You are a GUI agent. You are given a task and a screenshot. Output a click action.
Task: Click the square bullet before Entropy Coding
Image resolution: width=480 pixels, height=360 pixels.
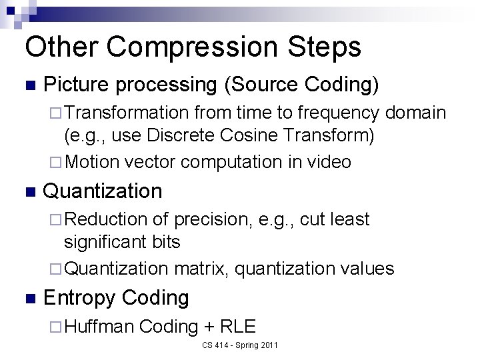pyautogui.click(x=28, y=298)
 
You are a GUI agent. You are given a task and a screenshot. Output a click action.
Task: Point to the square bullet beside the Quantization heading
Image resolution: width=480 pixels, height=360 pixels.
pyautogui.click(x=28, y=191)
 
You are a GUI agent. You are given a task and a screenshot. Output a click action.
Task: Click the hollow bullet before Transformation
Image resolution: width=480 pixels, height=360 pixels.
pyautogui.click(x=57, y=114)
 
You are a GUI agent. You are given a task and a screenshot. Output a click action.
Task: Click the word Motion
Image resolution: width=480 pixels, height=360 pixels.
pyautogui.click(x=92, y=162)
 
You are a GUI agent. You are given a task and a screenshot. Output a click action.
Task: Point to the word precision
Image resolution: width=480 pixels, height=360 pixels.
pyautogui.click(x=211, y=219)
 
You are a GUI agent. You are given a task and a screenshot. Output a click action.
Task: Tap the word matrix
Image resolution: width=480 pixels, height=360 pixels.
pyautogui.click(x=200, y=269)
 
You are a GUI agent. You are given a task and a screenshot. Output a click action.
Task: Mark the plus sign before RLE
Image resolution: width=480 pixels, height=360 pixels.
pyautogui.click(x=208, y=327)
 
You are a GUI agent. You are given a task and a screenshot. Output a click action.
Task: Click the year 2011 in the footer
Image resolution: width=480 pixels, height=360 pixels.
pyautogui.click(x=269, y=345)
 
